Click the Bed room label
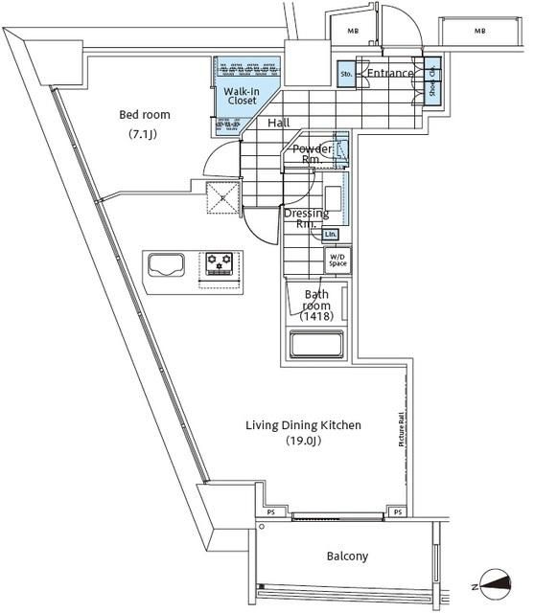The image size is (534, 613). [x=145, y=115]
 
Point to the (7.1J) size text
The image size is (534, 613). [x=145, y=134]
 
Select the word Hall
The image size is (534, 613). [x=279, y=123]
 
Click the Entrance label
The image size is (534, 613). [x=390, y=74]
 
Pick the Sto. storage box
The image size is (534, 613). [x=346, y=74]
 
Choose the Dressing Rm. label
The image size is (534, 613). [x=306, y=218]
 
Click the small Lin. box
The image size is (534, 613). [x=331, y=234]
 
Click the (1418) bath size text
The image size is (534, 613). [x=317, y=316]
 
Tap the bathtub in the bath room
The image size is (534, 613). [x=317, y=344]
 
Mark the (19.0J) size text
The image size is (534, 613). [x=302, y=442]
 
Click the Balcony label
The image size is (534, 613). [x=347, y=556]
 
